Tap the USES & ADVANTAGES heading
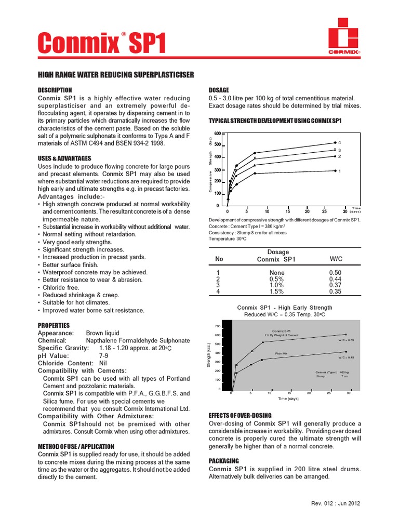[65, 158]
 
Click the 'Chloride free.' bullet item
[61, 287]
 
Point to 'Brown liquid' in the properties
[102, 333]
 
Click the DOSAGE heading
[219, 90]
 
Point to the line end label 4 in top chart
[339, 142]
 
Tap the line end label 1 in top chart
[339, 171]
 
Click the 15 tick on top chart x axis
[287, 212]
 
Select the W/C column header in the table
[336, 259]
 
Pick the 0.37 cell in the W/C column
[336, 285]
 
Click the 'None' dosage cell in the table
[277, 272]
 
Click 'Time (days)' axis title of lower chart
[289, 399]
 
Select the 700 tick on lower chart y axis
[218, 327]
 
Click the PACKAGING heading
[224, 461]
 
